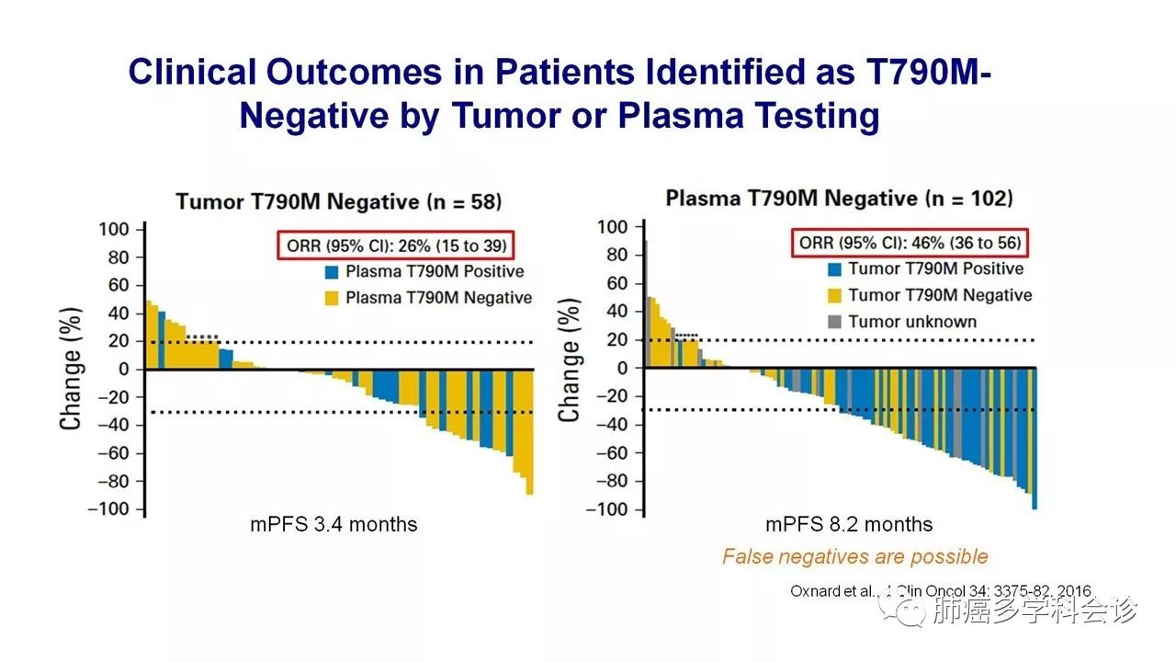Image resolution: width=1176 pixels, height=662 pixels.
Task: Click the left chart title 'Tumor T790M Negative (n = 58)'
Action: tap(339, 201)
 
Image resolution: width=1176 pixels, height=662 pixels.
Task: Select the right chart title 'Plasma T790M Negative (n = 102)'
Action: tap(839, 199)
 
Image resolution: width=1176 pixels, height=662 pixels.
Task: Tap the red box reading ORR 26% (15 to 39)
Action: tap(394, 245)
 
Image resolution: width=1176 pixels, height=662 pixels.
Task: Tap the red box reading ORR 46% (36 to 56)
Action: tap(908, 243)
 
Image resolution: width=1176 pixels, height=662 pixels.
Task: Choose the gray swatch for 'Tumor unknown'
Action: tap(833, 322)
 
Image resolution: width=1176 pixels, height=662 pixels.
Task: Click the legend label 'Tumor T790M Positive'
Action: tap(935, 268)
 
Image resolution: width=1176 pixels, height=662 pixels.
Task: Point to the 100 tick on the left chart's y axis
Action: tap(126, 229)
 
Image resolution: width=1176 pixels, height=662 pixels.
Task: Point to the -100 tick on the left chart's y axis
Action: tap(120, 509)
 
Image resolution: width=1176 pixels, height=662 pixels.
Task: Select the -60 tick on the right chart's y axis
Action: tap(618, 452)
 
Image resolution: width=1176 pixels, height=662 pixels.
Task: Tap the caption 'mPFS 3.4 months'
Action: tap(334, 525)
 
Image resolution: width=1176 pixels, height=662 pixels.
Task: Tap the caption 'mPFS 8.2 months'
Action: tap(849, 525)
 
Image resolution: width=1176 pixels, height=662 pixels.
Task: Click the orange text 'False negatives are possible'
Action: tap(854, 556)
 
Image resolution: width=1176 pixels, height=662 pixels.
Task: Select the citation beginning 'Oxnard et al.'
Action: tap(942, 591)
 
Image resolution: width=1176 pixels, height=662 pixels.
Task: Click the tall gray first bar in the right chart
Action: tap(646, 304)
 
